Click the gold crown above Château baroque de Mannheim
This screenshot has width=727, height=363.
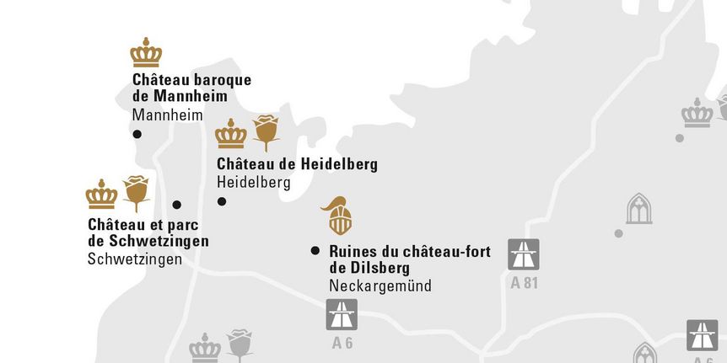146,53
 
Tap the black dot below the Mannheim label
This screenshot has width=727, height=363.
137,134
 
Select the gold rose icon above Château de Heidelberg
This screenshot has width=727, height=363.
267,132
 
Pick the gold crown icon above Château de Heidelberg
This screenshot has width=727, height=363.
230,134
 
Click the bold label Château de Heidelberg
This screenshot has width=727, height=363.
297,164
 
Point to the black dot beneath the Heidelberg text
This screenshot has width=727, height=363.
222,201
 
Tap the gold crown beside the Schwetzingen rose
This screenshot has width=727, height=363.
101,195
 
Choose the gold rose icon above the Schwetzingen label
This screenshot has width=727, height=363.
136,193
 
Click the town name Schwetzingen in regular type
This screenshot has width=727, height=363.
135,259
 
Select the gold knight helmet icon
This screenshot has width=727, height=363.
340,216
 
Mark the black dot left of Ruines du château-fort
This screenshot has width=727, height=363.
315,250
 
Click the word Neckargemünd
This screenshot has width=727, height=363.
380,286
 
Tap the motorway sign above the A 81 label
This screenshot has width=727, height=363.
524,254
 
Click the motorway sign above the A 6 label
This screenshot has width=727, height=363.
342,314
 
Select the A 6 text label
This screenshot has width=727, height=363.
342,342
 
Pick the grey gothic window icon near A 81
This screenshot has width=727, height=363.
639,208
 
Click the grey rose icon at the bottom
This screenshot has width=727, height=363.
240,344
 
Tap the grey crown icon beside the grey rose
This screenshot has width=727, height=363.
204,348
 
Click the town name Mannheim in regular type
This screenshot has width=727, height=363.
168,115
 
